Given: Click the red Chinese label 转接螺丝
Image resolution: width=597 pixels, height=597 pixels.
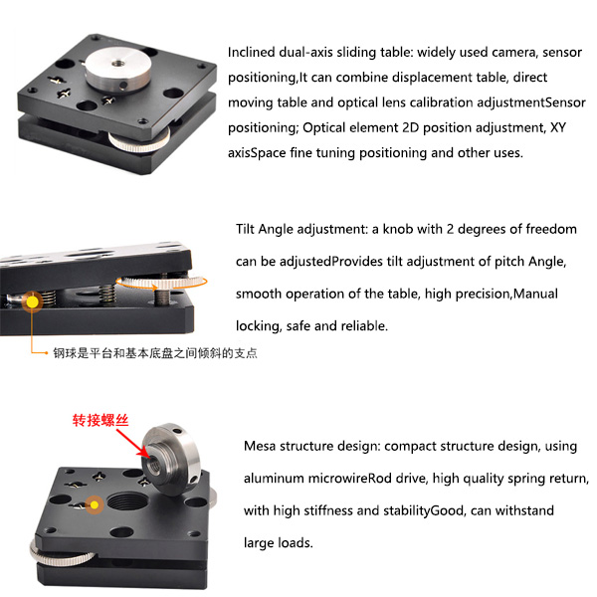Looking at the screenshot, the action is (100, 420).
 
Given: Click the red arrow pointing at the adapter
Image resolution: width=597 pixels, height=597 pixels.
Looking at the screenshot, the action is (133, 443).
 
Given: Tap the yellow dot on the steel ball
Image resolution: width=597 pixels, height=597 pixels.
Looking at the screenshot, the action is (33, 301).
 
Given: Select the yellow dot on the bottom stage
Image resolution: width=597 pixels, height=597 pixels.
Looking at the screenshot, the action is (95, 504).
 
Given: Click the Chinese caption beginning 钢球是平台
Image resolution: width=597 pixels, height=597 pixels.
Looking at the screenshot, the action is (155, 353).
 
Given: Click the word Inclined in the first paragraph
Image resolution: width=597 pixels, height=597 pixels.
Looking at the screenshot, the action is (252, 52).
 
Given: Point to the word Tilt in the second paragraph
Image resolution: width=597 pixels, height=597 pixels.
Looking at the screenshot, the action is (245, 229).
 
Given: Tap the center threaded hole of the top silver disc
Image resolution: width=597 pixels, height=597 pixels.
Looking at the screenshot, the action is (117, 61).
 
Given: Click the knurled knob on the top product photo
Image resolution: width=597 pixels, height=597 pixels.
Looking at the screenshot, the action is (139, 141).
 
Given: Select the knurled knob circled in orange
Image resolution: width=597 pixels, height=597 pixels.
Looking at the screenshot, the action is (161, 283).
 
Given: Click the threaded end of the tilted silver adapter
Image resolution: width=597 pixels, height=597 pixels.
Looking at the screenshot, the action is (155, 461).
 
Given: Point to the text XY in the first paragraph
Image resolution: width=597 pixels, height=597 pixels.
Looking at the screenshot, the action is (558, 127).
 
